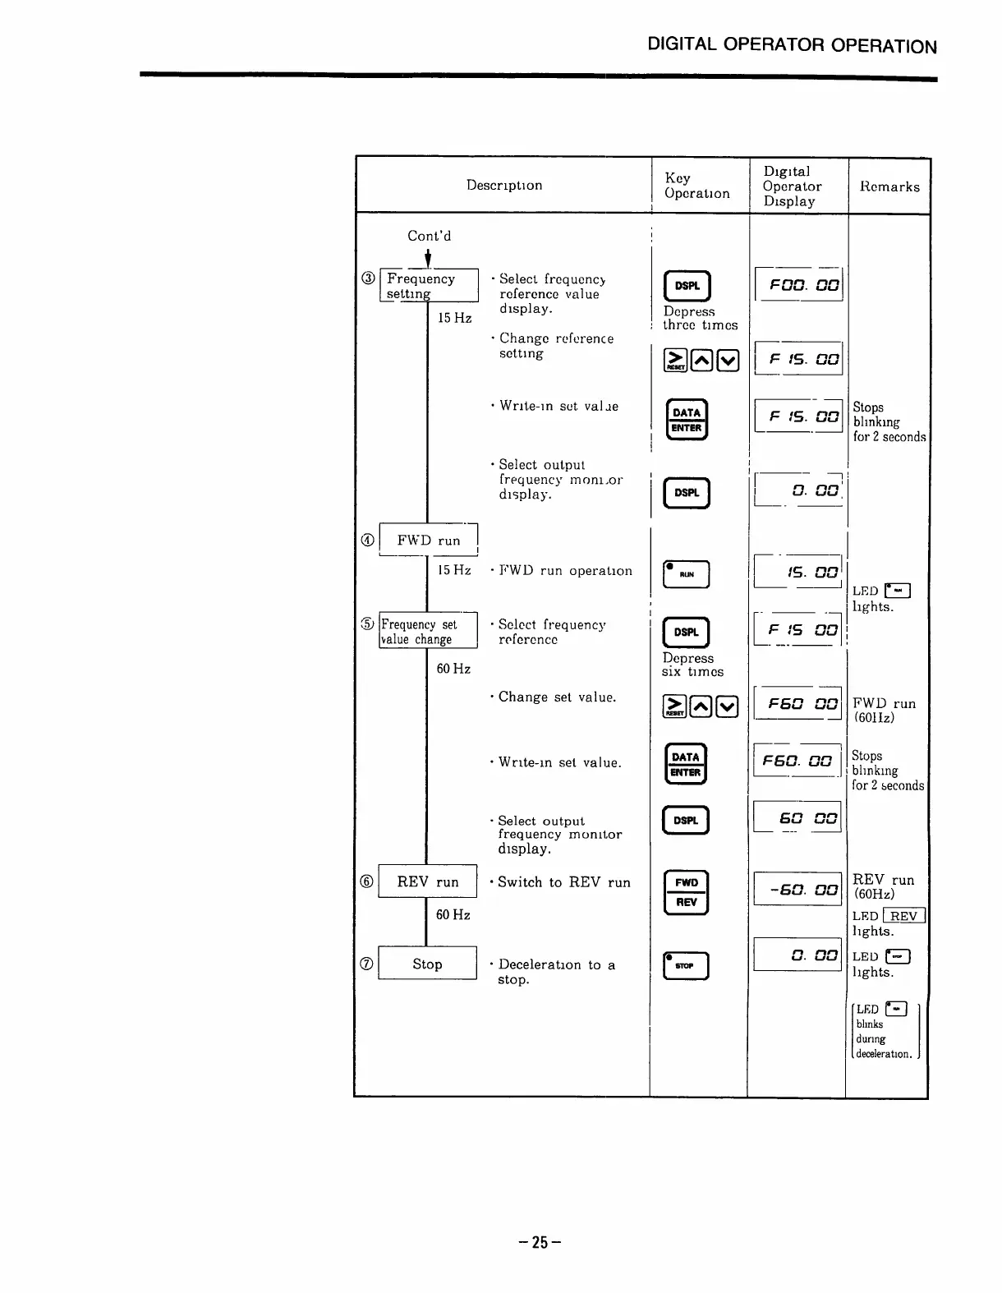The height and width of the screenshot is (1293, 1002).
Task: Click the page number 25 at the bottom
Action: pyautogui.click(x=540, y=1242)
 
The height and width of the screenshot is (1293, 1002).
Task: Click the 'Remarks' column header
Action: pyautogui.click(x=889, y=186)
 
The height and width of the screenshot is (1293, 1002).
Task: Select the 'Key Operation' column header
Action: pyautogui.click(x=696, y=186)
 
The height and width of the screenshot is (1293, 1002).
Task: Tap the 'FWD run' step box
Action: pyautogui.click(x=428, y=540)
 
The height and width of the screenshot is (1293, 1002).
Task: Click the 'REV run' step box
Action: pyautogui.click(x=427, y=881)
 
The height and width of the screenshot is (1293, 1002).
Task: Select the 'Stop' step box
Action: pyautogui.click(x=427, y=964)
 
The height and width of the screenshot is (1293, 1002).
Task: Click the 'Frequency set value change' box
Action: pyautogui.click(x=428, y=631)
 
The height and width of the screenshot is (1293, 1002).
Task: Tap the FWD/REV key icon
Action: pyautogui.click(x=686, y=892)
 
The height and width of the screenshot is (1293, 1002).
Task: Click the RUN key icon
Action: pyautogui.click(x=686, y=575)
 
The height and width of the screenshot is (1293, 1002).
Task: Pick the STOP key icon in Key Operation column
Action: pyautogui.click(x=686, y=966)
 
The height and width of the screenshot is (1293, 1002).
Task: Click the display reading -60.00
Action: pyautogui.click(x=797, y=890)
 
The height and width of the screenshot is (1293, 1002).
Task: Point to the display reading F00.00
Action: pyautogui.click(x=798, y=285)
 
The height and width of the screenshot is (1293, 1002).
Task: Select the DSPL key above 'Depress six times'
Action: pyautogui.click(x=686, y=632)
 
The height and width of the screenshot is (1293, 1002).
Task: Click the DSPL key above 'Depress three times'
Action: pyautogui.click(x=687, y=286)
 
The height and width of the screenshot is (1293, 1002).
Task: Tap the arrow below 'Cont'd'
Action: pyautogui.click(x=428, y=258)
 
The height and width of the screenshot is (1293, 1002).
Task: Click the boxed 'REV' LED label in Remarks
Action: pyautogui.click(x=903, y=916)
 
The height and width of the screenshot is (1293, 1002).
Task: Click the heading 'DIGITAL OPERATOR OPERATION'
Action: pyautogui.click(x=792, y=45)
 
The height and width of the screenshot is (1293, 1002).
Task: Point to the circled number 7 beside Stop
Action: pyautogui.click(x=367, y=964)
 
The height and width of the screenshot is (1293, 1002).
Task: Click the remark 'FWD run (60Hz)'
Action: pyautogui.click(x=884, y=710)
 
